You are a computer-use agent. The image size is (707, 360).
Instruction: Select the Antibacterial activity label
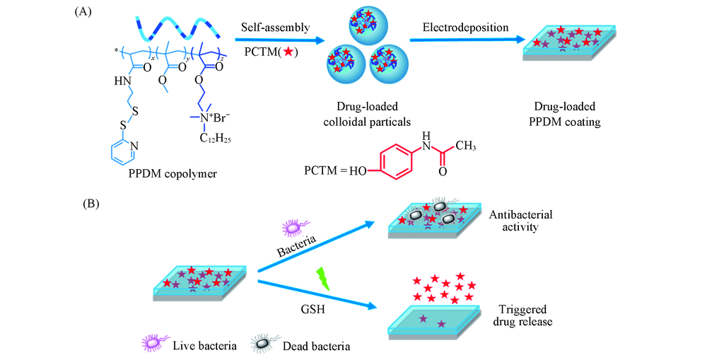pos(518,220)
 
